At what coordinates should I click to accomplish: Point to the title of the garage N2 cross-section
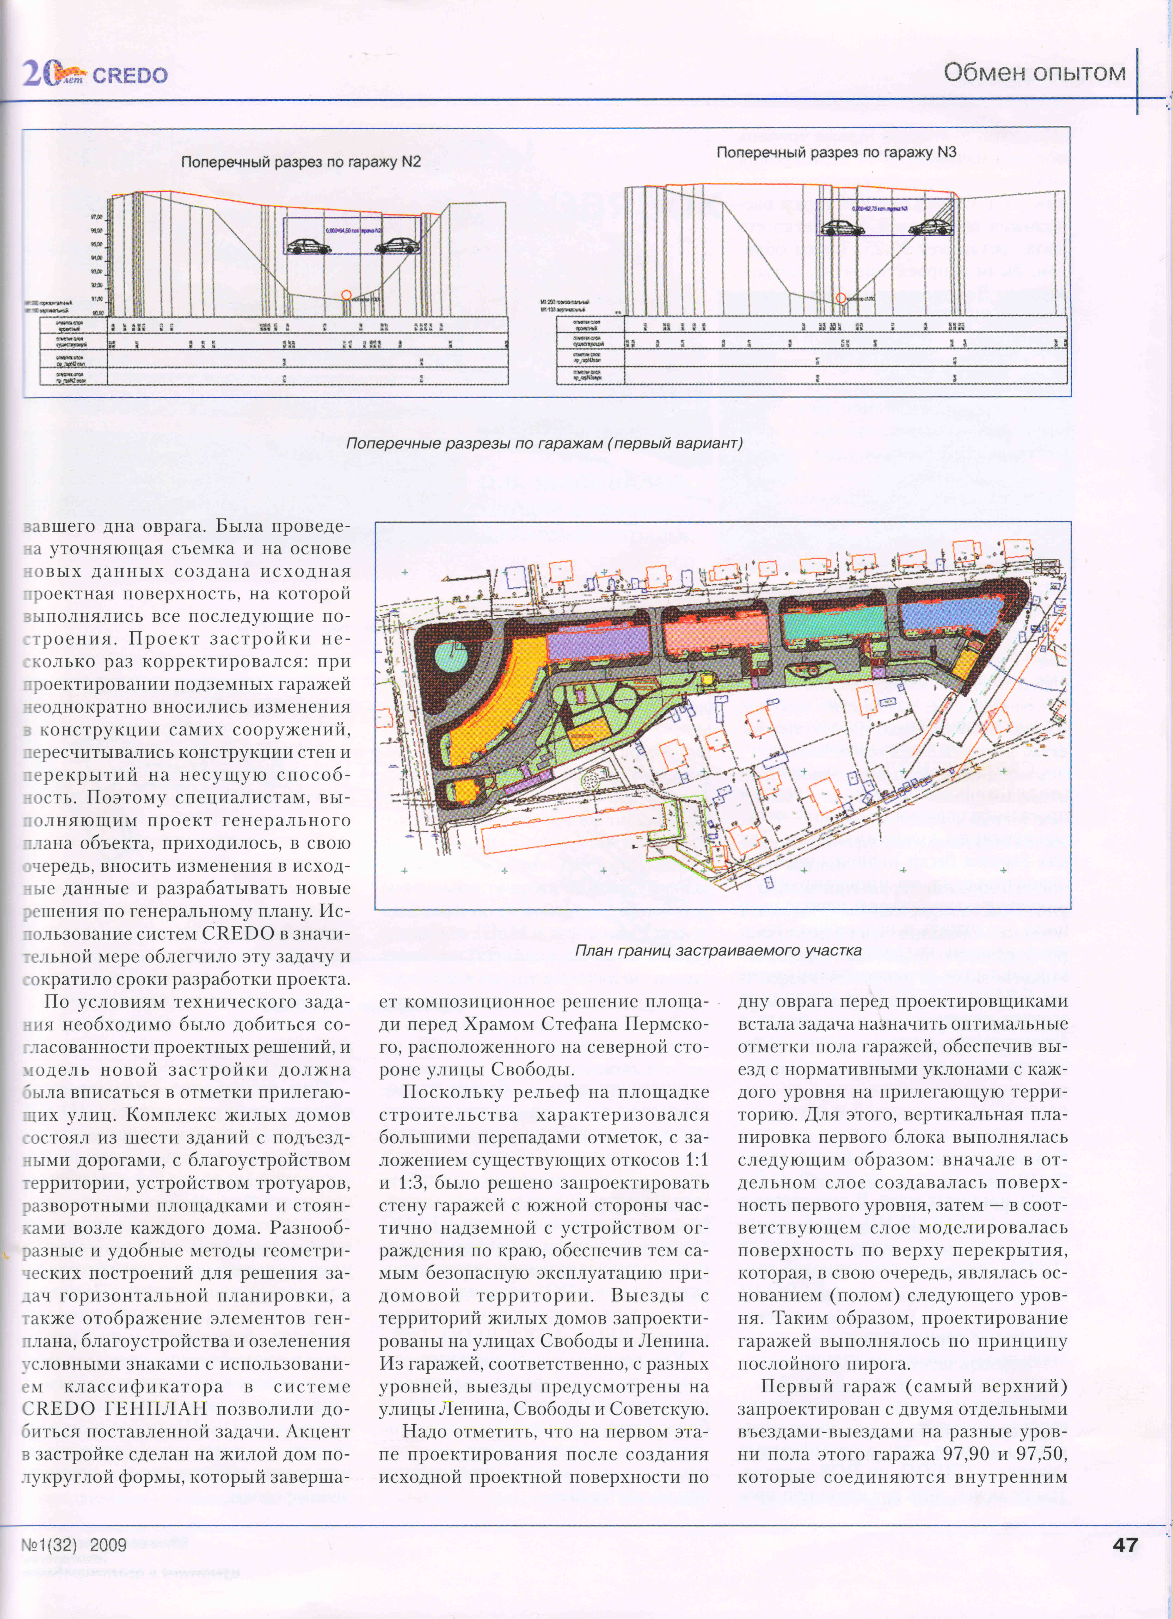pyautogui.click(x=301, y=162)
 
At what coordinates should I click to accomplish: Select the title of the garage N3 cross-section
pyautogui.click(x=836, y=152)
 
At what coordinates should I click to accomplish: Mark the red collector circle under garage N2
pyautogui.click(x=346, y=294)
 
